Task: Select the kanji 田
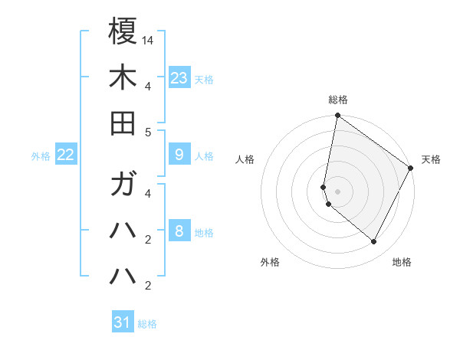(123, 123)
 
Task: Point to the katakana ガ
(123, 185)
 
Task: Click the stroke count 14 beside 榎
(148, 40)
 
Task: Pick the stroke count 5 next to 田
(148, 132)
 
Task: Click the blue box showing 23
(179, 78)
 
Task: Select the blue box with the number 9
(179, 155)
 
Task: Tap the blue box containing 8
(179, 231)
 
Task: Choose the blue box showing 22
(66, 155)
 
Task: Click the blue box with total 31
(123, 322)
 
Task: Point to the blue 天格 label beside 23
(204, 80)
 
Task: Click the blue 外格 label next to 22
(41, 156)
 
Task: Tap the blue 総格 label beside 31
(147, 324)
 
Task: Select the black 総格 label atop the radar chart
(338, 100)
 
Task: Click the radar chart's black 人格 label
(245, 159)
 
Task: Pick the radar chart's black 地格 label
(402, 262)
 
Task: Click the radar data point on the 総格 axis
(337, 116)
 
